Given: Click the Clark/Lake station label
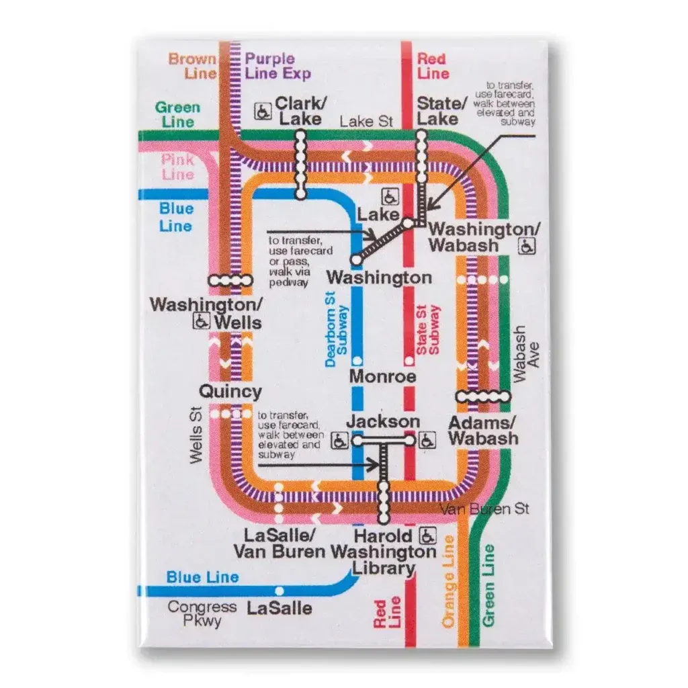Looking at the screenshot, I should click(302, 111).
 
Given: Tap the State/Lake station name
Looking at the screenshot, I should click(441, 111).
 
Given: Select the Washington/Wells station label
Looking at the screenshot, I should click(206, 313).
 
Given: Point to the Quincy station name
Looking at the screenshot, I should click(230, 391).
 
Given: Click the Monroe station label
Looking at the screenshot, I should click(382, 376).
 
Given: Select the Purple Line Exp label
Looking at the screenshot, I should click(277, 66).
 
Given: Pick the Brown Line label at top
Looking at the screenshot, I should click(192, 66).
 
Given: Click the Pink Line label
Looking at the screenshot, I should click(177, 167).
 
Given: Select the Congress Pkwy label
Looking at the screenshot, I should click(202, 613).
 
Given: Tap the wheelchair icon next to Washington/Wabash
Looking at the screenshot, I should click(527, 247).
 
